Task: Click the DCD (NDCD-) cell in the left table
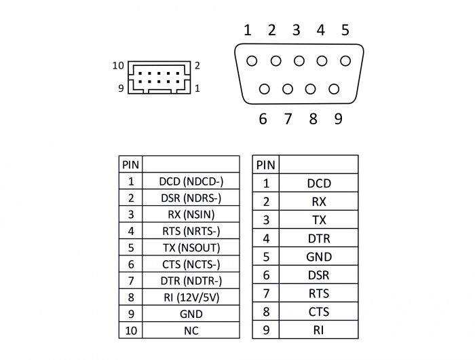point(191,181)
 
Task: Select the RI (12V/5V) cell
point(191,298)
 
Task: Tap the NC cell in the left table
point(191,331)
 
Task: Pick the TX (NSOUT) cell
point(191,248)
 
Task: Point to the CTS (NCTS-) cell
point(191,264)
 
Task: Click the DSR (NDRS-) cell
point(191,198)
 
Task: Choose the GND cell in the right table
point(318,257)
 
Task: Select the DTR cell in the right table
point(318,238)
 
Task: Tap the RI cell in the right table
point(318,330)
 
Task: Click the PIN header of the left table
point(130,164)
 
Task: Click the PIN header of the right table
point(266,164)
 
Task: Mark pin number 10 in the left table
point(130,331)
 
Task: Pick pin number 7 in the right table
point(266,293)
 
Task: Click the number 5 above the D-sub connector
point(345,30)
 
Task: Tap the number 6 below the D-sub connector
point(263,120)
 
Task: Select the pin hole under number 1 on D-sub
point(252,61)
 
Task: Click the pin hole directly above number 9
point(333,88)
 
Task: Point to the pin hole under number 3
point(299,61)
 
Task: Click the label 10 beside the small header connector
point(118,66)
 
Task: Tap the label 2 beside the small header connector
point(197,66)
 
